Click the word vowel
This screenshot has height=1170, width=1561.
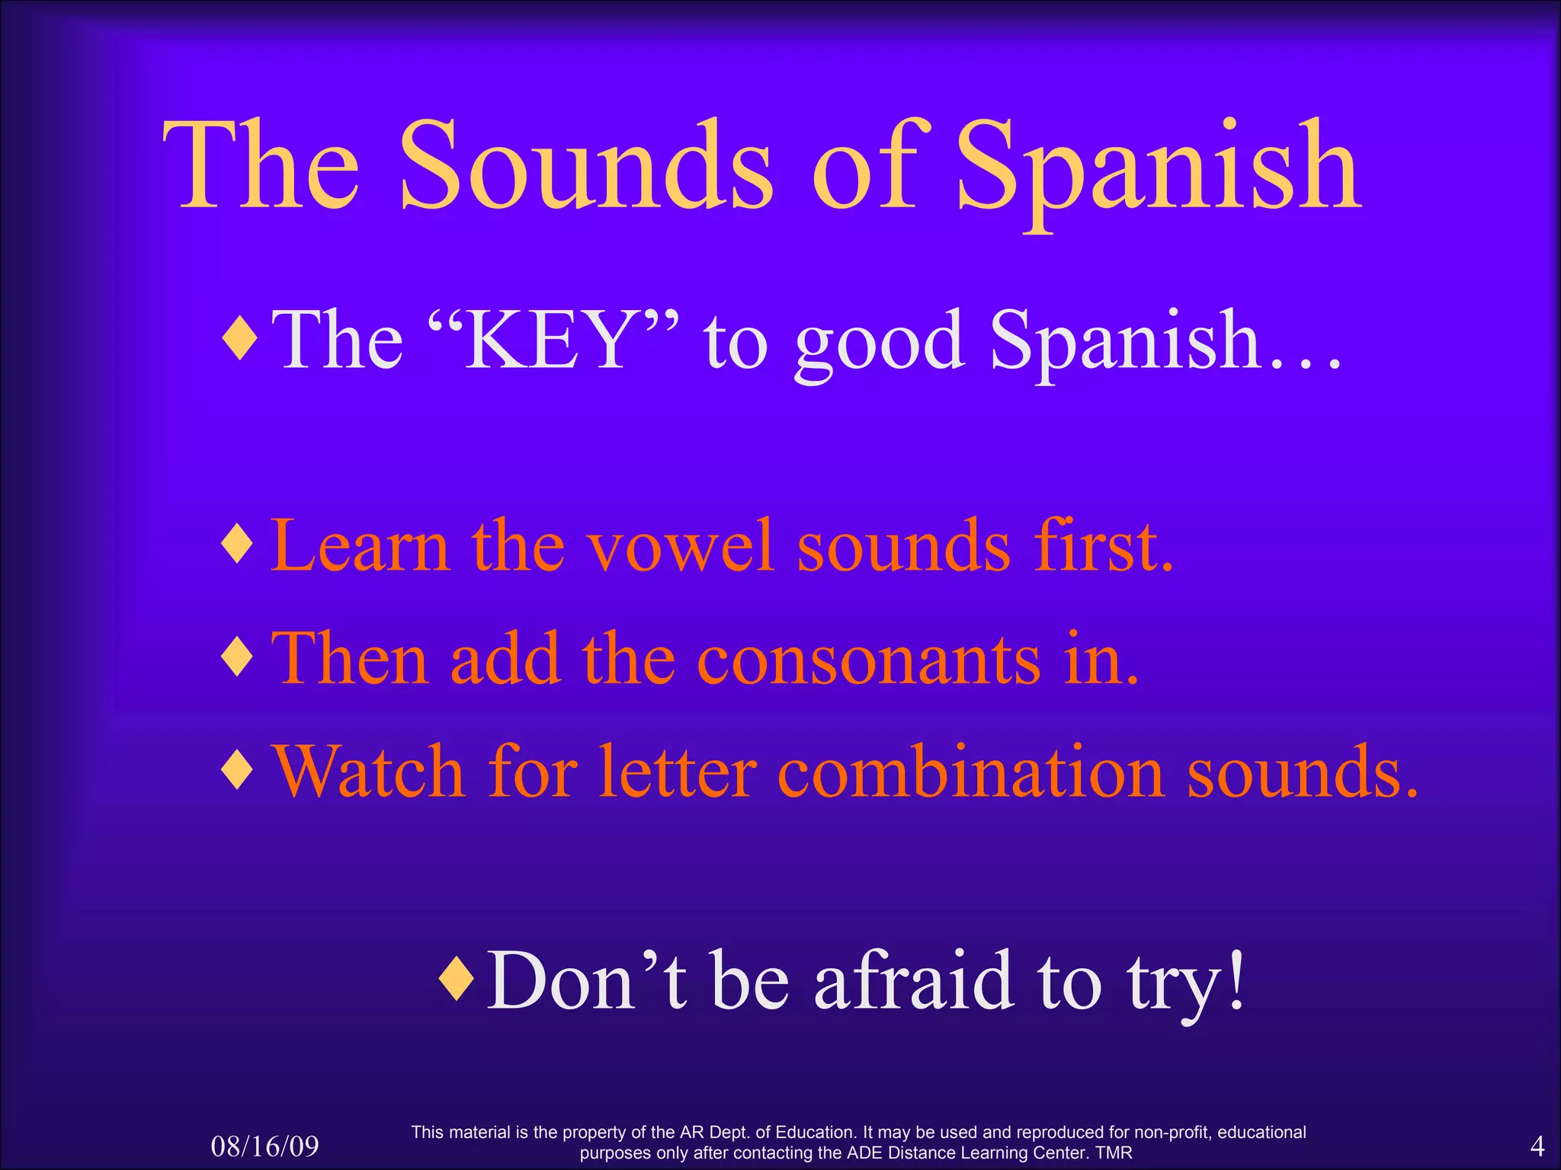click(x=680, y=546)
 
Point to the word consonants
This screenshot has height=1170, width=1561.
click(x=869, y=660)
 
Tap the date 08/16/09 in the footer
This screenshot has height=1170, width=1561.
click(x=264, y=1146)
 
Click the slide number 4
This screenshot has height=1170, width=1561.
click(x=1537, y=1145)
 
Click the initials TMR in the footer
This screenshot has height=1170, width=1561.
click(x=1114, y=1152)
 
